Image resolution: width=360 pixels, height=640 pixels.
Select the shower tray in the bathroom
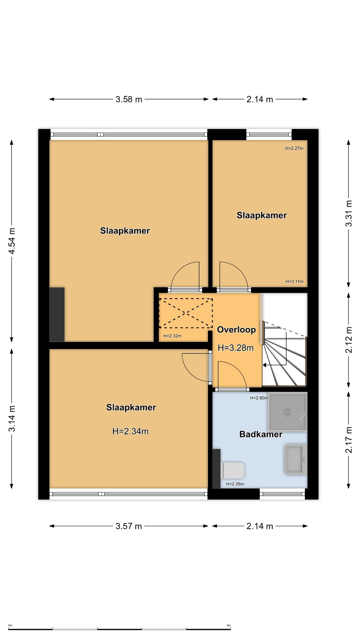coord(287,412)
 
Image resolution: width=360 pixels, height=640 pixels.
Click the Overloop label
coord(236,330)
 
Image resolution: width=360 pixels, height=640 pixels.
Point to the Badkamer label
coord(261,434)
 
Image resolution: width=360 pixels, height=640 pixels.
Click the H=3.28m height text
coord(236,348)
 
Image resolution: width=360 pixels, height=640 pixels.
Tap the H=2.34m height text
coord(130,431)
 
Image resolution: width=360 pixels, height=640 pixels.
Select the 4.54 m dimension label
coord(12,241)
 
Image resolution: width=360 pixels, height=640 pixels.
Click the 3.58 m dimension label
coord(129,99)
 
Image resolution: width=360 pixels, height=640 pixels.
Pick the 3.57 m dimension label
coord(129,526)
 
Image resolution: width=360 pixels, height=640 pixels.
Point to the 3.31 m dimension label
coord(349,213)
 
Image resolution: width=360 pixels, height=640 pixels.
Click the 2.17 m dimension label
coord(349,440)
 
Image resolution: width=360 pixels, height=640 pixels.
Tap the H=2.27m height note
coord(294,148)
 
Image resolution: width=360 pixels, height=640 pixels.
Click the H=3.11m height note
coord(294,281)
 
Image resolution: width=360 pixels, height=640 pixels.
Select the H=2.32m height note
coord(172,336)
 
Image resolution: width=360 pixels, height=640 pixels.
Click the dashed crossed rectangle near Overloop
coord(186,313)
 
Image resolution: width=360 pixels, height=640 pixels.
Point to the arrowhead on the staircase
coord(264,365)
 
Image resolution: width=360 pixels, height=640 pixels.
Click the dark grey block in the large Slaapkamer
coord(57,314)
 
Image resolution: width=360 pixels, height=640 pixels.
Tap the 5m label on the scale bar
coord(229,625)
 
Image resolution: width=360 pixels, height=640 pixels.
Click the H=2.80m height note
coord(259,398)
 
